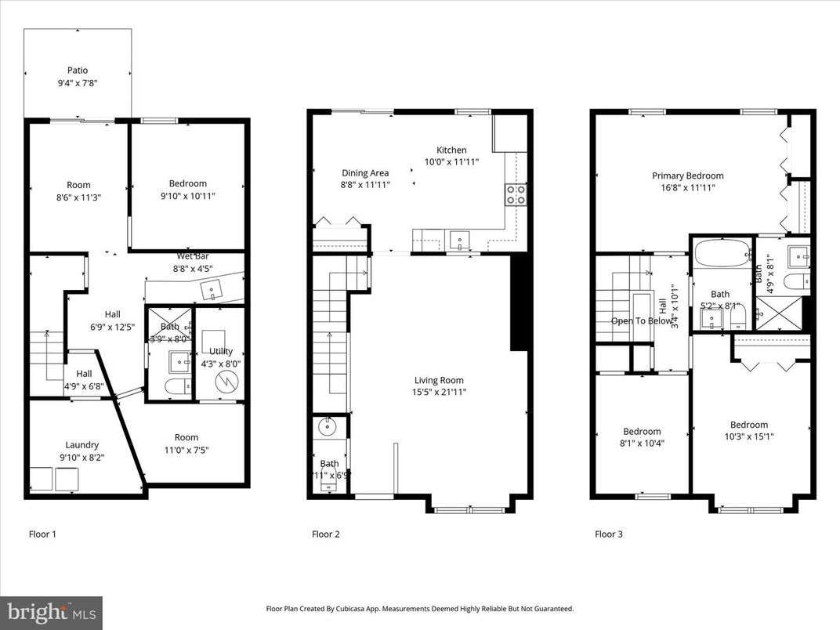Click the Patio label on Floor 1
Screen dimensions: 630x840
(x=77, y=70)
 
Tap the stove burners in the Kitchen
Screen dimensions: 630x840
(x=515, y=194)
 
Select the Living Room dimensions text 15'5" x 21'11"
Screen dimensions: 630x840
(x=440, y=392)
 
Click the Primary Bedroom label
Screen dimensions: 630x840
(x=687, y=176)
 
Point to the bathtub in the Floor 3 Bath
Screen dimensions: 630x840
(x=720, y=256)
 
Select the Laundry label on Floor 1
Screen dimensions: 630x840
(x=81, y=445)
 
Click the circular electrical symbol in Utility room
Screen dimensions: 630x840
(x=226, y=382)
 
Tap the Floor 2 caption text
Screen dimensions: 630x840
(x=326, y=534)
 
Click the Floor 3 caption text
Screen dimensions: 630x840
(x=609, y=534)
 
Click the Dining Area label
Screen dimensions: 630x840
(x=365, y=173)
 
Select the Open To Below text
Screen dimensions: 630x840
(x=641, y=320)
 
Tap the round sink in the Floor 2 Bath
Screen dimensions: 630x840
(x=327, y=428)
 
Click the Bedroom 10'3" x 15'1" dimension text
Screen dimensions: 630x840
(x=749, y=436)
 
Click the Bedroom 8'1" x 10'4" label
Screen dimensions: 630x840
(x=642, y=431)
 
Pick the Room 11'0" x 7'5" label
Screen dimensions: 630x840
(x=186, y=437)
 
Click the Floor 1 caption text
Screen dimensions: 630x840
(x=42, y=534)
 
